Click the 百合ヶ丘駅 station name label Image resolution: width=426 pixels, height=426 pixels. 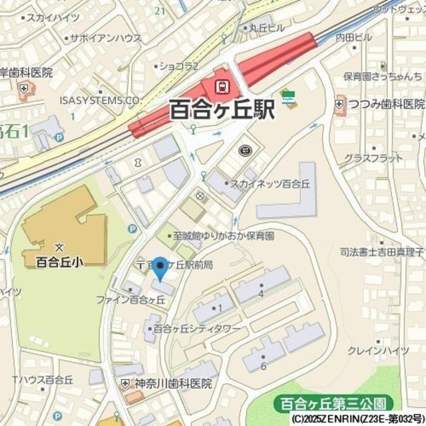pos(222,108)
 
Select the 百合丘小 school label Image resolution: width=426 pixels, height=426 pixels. pos(59,262)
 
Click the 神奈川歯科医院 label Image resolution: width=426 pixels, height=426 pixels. pos(170,384)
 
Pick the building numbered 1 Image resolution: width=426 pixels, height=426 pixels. pos(219,308)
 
